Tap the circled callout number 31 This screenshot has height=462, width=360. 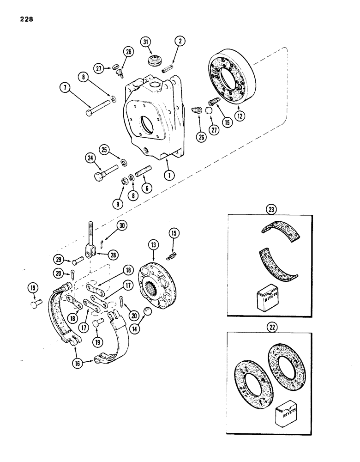[147, 43]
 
